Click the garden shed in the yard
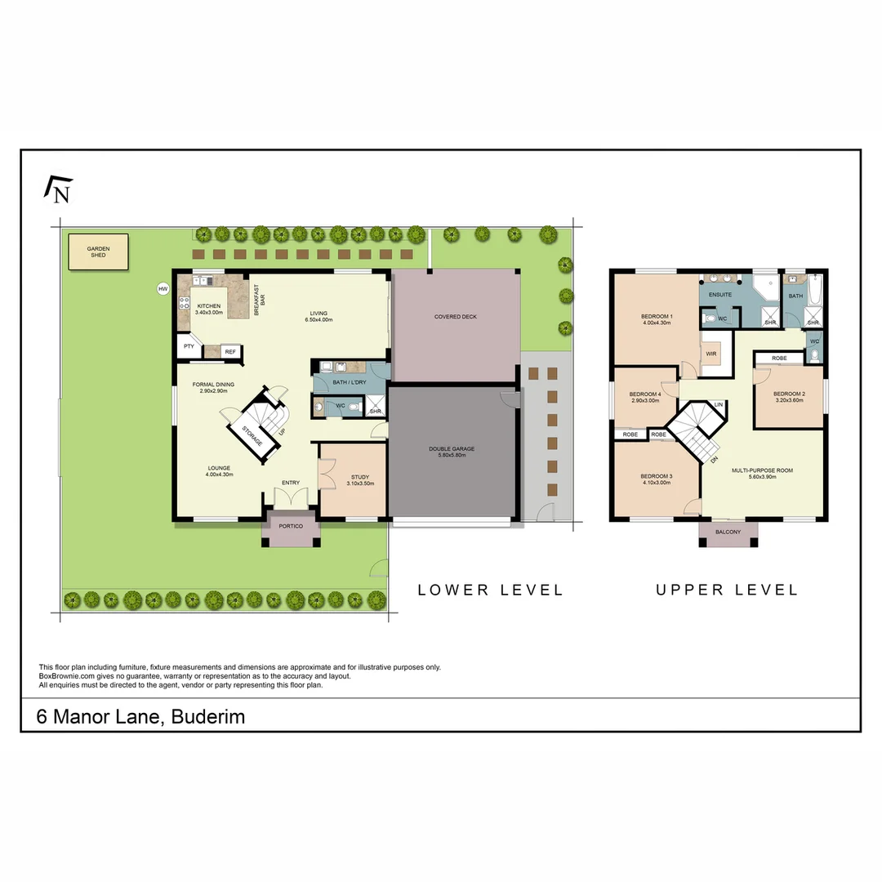[98, 252]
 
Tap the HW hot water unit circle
[163, 288]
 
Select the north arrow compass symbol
[58, 189]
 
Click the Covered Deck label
[455, 317]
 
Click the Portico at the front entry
[291, 526]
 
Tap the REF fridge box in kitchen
[230, 352]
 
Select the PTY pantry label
[189, 346]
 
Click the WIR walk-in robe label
[710, 354]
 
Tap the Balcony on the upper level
[728, 532]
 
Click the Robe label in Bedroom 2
[778, 358]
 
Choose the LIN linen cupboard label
[718, 405]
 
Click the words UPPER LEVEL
[727, 590]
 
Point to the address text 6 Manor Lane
[140, 717]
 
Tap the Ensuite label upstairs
[720, 294]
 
